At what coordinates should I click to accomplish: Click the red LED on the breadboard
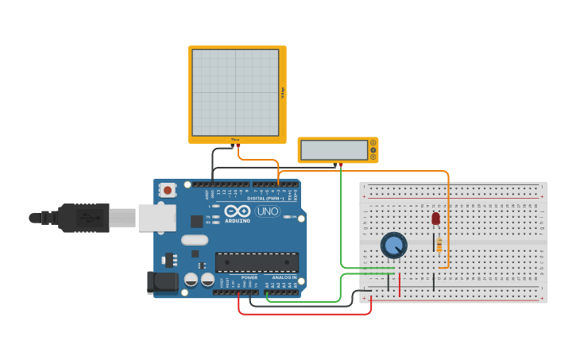click(435, 218)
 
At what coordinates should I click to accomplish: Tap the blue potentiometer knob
click(393, 245)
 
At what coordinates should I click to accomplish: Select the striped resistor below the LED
click(439, 245)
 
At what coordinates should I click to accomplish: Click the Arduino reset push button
click(167, 190)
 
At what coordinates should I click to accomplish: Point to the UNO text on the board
click(267, 211)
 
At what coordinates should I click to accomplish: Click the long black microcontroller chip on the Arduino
click(257, 261)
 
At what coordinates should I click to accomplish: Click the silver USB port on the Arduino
click(157, 217)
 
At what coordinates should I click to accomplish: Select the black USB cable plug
click(83, 217)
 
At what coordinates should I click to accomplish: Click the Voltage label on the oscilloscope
click(282, 93)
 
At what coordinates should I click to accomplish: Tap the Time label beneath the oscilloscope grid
click(235, 140)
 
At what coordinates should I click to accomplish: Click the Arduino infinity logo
click(238, 211)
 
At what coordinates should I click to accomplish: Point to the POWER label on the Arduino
click(249, 277)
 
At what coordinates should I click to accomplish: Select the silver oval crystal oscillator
click(194, 239)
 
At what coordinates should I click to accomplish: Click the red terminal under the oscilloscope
click(238, 146)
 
